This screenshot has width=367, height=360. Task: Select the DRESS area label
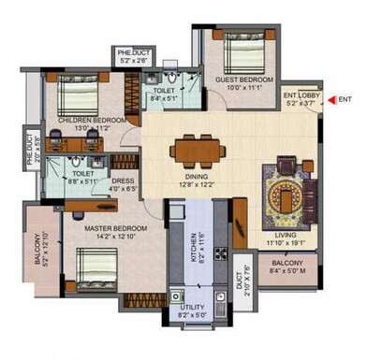[x=125, y=184]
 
